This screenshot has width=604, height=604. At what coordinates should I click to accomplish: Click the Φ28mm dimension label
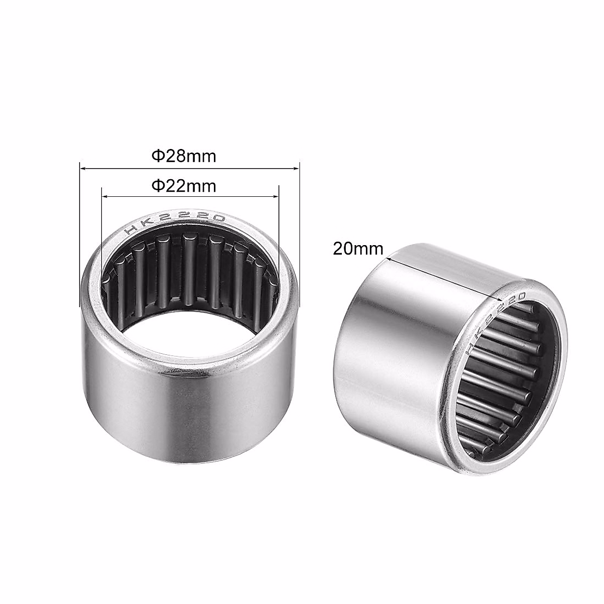click(184, 157)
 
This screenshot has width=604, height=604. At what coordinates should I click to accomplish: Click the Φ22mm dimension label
click(184, 187)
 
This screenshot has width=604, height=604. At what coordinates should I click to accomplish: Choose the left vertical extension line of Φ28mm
click(80, 237)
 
